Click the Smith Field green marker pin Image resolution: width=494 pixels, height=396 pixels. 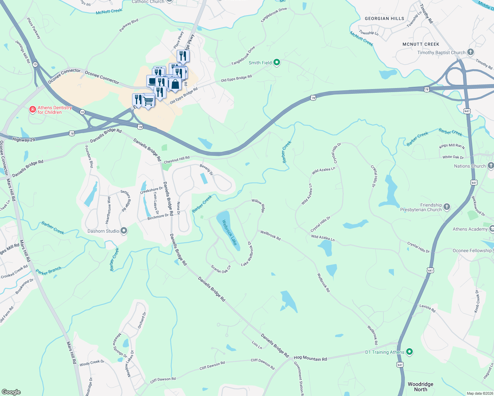277,62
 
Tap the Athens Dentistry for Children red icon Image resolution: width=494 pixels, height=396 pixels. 32,110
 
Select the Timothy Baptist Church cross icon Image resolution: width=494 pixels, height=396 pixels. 471,52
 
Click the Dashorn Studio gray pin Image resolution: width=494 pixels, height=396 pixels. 124,231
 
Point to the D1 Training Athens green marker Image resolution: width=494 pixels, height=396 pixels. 409,352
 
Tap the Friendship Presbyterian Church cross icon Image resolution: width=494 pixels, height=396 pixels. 447,207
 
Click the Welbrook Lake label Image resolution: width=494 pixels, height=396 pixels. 229,232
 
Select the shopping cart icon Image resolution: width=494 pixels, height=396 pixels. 148,101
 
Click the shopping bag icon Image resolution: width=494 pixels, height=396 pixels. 175,84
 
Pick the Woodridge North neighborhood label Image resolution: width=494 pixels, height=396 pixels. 420,387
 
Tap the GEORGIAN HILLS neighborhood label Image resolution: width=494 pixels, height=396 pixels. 384,18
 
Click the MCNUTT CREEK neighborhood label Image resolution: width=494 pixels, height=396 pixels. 421,44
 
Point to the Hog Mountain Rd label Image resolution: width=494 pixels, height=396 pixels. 310,358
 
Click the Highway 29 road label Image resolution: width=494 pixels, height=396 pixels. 23,140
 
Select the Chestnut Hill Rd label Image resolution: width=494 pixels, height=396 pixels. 177,160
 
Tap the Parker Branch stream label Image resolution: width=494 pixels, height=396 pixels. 49,271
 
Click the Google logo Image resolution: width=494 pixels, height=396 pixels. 11,392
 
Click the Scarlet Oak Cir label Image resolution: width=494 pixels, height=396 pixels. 221,269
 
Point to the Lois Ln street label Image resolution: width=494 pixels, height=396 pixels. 257,345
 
